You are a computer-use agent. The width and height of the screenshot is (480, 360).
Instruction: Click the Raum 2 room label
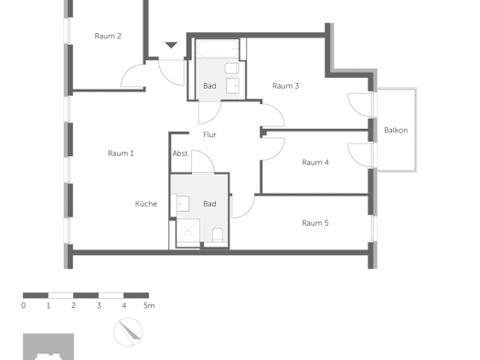[x=108, y=37]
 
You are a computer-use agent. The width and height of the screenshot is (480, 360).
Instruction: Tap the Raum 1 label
[x=121, y=154]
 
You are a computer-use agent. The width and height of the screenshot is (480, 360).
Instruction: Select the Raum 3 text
[x=285, y=86]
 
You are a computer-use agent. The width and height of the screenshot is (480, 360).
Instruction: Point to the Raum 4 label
[x=315, y=163]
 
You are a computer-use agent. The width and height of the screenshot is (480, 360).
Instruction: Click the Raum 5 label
[x=315, y=223]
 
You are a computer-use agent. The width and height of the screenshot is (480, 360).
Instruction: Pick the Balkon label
[x=396, y=131]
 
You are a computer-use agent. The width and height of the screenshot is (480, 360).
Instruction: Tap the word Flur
[x=209, y=135]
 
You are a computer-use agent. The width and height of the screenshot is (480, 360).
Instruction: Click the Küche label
[x=146, y=204]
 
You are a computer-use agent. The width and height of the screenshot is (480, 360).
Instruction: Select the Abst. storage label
[x=181, y=154]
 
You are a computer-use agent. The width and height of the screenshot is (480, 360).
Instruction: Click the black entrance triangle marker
[x=171, y=45]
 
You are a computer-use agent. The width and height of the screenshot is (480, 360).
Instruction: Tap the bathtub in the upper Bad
[x=218, y=49]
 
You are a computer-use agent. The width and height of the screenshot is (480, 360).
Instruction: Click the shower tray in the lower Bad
[x=188, y=230]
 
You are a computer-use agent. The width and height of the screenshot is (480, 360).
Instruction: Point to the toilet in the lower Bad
[x=218, y=235]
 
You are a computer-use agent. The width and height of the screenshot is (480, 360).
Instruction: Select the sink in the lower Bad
[x=183, y=204]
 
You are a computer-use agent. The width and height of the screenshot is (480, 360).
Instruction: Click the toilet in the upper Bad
[x=231, y=69]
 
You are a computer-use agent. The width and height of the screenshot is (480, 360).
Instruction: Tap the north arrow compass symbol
[x=128, y=333]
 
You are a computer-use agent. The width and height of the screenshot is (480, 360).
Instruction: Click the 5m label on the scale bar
[x=149, y=305]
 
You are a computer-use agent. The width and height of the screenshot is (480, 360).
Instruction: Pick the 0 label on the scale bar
[x=23, y=305]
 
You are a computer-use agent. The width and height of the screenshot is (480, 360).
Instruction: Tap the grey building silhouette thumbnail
[x=48, y=346]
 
